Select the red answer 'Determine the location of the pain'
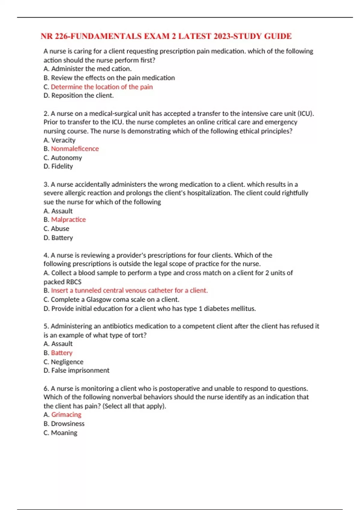click(102, 87)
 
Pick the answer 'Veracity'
click(63, 140)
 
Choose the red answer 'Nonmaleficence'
click(75, 149)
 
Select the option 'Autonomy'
click(66, 158)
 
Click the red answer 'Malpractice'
click(68, 220)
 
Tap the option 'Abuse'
click(60, 229)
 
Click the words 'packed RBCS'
click(62, 282)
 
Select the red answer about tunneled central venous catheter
click(129, 290)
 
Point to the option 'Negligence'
click(67, 362)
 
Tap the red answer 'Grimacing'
click(66, 415)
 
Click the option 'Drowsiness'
click(68, 424)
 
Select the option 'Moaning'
click(64, 433)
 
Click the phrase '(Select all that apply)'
click(134, 406)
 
